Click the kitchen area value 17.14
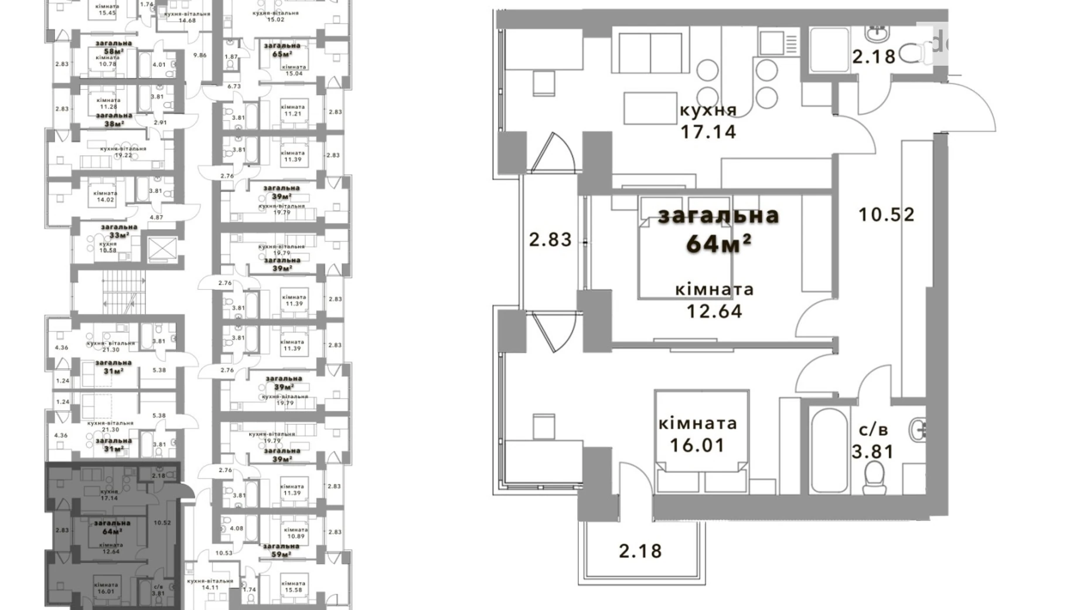pos(708,131)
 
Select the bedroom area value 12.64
pos(714,311)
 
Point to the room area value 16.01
pos(697,445)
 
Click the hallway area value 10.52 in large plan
pos(886,215)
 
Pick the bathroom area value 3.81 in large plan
pos(873,452)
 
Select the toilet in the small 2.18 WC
pos(910,54)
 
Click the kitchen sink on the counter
pos(772,42)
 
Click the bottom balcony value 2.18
pos(640,551)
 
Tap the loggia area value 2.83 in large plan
pos(550,240)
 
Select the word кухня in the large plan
pos(708,110)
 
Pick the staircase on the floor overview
pos(123,295)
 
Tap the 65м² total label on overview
pos(282,54)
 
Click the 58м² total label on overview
pos(113,51)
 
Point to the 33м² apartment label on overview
pos(119,235)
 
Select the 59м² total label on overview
pos(281,554)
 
